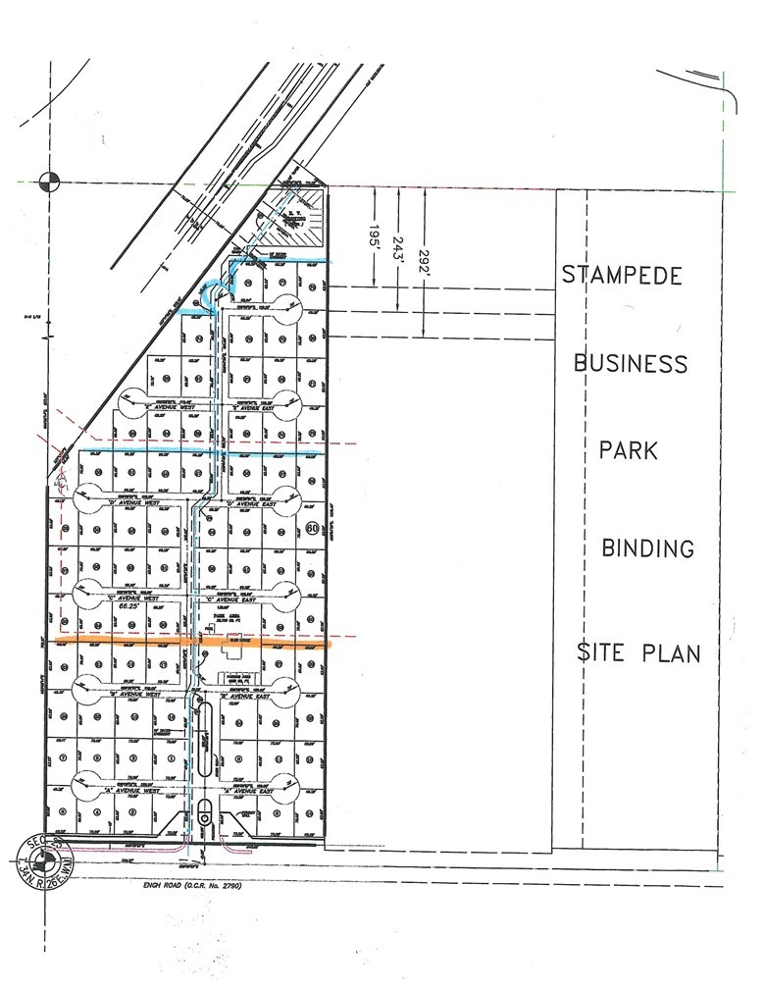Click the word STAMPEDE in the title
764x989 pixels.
(622, 276)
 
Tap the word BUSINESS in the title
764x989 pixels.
(631, 364)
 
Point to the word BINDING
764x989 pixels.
(647, 547)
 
